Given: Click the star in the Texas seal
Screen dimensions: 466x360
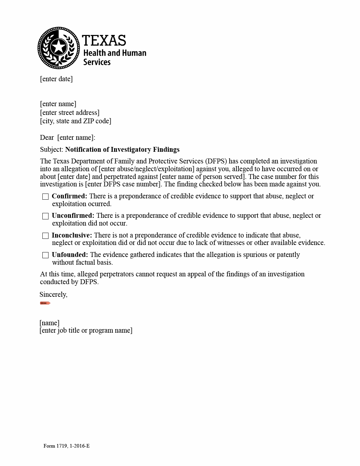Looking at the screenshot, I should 59,47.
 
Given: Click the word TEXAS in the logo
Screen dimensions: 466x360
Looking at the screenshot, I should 104,41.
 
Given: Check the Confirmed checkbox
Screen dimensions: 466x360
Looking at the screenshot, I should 46,197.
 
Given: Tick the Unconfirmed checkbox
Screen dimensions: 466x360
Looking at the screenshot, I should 46,216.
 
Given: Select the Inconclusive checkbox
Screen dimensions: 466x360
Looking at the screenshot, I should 46,236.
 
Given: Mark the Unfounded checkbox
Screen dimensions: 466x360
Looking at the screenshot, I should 46,255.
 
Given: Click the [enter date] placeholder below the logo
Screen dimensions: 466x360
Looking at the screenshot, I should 56,79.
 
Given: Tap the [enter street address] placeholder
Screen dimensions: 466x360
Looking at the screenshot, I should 70,113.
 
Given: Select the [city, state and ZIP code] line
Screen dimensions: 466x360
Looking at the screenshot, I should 75,121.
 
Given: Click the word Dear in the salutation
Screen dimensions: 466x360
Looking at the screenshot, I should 47,138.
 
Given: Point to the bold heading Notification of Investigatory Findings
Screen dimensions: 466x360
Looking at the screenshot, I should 122,150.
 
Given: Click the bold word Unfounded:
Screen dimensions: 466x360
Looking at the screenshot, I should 70,255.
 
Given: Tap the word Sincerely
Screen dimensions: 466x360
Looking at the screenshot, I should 53,294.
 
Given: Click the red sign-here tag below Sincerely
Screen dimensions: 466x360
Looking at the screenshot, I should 45,303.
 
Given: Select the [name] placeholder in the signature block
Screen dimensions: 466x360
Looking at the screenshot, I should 49,323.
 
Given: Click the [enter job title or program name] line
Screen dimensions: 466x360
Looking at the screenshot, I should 86,330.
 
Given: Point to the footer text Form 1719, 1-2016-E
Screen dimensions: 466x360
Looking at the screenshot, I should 67,446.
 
